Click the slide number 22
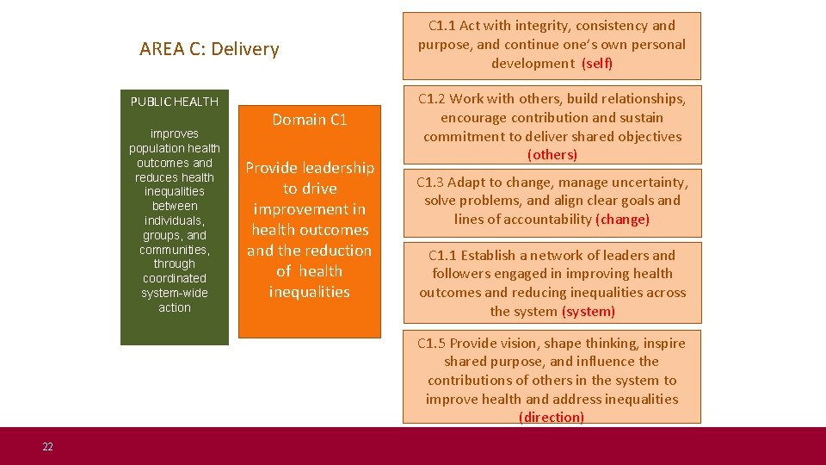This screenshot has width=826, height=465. [x=47, y=446]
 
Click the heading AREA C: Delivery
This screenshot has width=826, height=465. [x=209, y=49]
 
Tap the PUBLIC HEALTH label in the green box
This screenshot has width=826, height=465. [x=175, y=102]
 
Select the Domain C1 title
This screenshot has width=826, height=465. [x=310, y=120]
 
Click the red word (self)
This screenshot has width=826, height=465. [x=597, y=64]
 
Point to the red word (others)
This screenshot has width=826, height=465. [x=552, y=155]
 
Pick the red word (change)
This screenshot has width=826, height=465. [x=622, y=220]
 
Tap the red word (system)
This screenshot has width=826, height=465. [x=589, y=312]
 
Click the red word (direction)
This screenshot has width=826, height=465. [x=552, y=418]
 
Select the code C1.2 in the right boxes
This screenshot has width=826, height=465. [x=433, y=99]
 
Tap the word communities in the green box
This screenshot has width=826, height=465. [x=174, y=250]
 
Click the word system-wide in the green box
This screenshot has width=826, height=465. [x=175, y=293]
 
